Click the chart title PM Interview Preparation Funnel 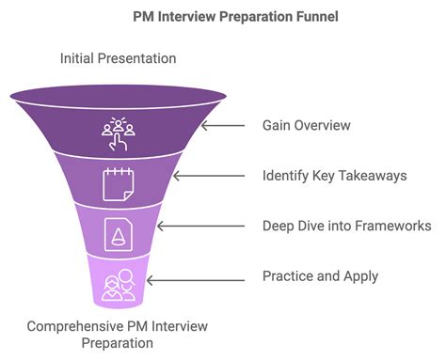[x=222, y=17]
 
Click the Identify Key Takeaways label [x=334, y=175]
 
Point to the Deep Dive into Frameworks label [x=344, y=226]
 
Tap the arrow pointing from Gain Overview [x=223, y=125]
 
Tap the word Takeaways [x=374, y=175]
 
